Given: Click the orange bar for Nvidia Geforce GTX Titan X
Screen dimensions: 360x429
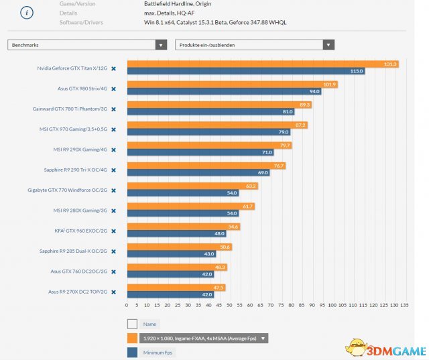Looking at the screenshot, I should (x=261, y=64).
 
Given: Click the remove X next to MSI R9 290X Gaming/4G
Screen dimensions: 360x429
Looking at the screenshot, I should (x=113, y=149).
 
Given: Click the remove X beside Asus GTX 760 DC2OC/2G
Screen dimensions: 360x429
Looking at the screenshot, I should (x=113, y=272).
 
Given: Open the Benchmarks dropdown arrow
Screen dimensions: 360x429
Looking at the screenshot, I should (x=161, y=45).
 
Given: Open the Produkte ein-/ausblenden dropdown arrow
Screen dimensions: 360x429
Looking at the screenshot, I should (x=328, y=45).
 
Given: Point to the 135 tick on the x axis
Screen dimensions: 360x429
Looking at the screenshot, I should (x=404, y=305).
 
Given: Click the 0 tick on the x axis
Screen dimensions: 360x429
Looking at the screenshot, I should (x=127, y=305).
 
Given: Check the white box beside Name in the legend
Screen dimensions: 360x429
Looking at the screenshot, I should (x=132, y=324).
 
